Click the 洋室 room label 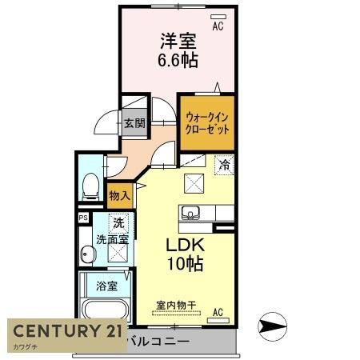tap(178, 40)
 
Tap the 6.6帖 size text tap(178, 59)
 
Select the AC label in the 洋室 tap(218, 26)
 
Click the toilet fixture tap(90, 184)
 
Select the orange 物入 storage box tap(118, 194)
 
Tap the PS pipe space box tap(83, 217)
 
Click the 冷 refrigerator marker tap(226, 165)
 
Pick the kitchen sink tap(190, 213)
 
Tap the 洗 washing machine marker tap(118, 223)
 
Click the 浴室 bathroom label tap(106, 285)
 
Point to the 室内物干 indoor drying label tap(176, 305)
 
